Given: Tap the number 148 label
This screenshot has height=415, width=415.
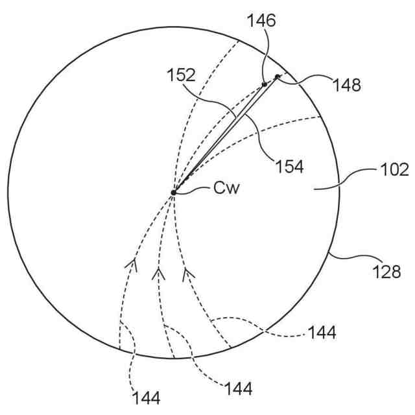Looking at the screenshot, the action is click(348, 84).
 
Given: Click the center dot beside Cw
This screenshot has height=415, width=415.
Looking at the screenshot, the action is click(174, 192).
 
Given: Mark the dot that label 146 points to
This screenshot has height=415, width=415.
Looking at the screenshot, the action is click(265, 84).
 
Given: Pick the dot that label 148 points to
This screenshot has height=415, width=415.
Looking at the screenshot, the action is click(278, 77).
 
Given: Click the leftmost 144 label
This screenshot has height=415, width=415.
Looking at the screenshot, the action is click(147, 396).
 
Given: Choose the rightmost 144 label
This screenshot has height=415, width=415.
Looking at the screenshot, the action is click(322, 333).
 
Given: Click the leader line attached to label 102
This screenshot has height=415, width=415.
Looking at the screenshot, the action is click(356, 180).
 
